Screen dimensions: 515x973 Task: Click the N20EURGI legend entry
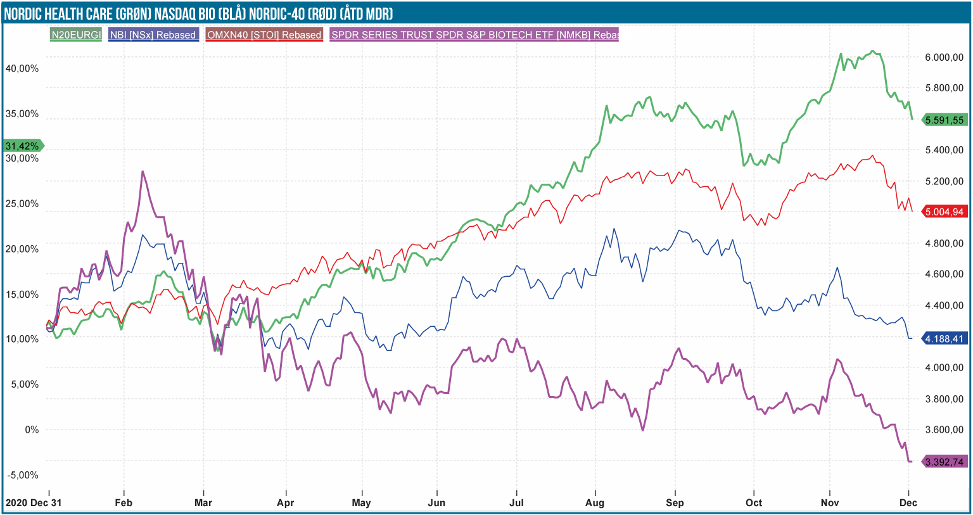(76, 35)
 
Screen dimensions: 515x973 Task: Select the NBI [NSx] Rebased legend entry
(153, 35)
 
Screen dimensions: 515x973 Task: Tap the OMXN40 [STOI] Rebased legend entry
(264, 35)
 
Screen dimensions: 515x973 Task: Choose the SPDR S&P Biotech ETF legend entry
(474, 35)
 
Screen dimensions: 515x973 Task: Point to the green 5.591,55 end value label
(944, 120)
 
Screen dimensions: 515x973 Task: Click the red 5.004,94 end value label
(944, 212)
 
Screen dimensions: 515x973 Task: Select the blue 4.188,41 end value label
(944, 339)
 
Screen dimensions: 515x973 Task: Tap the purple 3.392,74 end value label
(944, 462)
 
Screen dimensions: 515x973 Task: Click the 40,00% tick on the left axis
(22, 68)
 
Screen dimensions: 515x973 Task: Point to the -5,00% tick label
(22, 475)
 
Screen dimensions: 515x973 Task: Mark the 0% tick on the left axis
(32, 429)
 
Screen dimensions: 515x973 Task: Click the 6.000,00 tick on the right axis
(944, 57)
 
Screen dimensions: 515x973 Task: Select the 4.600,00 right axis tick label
(944, 274)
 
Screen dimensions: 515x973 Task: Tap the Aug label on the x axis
(595, 503)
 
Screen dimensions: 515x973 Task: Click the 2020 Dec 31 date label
(34, 503)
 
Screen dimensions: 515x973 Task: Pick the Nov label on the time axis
(830, 503)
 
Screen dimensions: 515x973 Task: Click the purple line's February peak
(143, 171)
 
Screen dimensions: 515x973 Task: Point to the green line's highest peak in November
(873, 51)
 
